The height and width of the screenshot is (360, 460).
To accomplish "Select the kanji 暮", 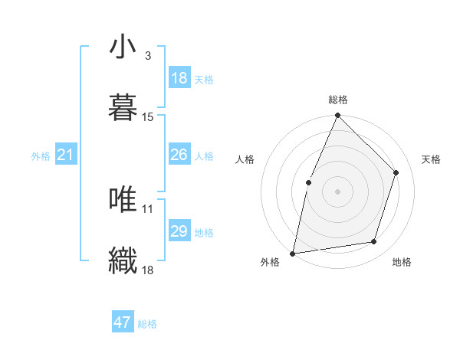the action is click(123, 107).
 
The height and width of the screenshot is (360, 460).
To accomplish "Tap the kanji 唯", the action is click(123, 199).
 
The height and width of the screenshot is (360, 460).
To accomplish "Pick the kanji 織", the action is click(123, 260).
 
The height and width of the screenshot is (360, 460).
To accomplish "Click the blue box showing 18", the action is click(179, 78).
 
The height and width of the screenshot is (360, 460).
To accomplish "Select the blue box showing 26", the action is click(179, 155).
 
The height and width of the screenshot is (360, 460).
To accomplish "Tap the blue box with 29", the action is click(179, 231).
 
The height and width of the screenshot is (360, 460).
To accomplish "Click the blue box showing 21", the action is click(66, 155).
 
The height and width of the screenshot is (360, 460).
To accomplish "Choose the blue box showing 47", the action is click(123, 322).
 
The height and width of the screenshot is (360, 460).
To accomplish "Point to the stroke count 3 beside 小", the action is click(148, 55).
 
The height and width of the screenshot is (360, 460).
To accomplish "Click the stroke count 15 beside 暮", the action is click(148, 116).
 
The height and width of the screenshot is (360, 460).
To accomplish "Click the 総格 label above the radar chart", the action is click(338, 100).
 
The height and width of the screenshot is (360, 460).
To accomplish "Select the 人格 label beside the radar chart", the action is click(245, 159).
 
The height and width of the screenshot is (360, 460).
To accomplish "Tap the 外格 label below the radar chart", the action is click(270, 262).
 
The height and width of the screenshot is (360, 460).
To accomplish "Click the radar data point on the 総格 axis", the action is click(337, 116).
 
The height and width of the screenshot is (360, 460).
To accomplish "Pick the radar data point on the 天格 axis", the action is click(396, 172).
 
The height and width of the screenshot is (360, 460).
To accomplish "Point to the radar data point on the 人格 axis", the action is click(308, 182).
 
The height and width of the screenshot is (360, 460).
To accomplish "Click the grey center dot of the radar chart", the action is click(337, 191).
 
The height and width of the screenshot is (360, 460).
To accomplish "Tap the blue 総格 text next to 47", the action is click(147, 324).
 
